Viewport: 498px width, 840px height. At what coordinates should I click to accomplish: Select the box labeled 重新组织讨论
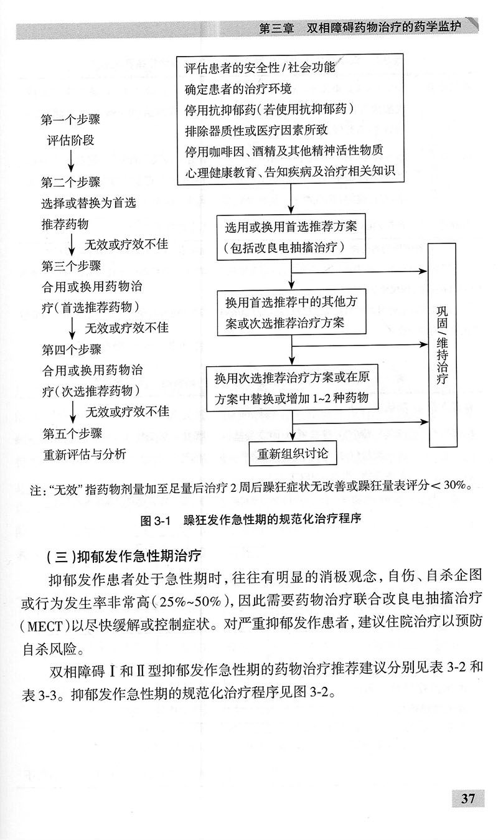pos(293,454)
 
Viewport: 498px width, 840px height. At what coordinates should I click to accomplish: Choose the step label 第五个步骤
pos(72,433)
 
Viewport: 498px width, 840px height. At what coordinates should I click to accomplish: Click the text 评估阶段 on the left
pos(71,140)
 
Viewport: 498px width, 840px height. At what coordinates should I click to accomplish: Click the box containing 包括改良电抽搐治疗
pos(291,236)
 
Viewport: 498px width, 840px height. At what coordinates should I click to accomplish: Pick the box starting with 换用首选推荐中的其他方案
pos(291,312)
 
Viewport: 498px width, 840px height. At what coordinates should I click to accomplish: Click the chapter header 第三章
pos(278,29)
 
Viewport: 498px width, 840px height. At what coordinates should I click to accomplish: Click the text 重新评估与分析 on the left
pos(84,454)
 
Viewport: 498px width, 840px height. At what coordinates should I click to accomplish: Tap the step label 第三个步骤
pos(71,266)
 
